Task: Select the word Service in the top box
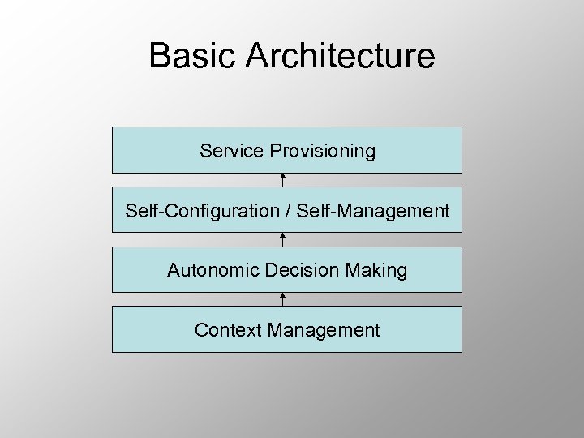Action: (x=232, y=151)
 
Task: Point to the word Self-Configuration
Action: (x=201, y=212)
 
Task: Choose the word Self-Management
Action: (x=373, y=212)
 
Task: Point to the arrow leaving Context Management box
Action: (x=282, y=299)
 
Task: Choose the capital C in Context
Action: (x=200, y=330)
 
